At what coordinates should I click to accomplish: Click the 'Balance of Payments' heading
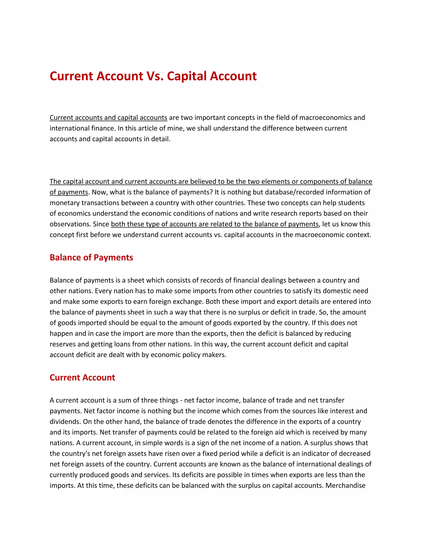click(91, 258)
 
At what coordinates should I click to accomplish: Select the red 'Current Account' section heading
click(82, 377)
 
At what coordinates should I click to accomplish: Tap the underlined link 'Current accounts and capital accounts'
click(108, 117)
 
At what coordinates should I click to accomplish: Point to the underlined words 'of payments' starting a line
click(69, 192)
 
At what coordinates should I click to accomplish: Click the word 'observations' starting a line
click(70, 224)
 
